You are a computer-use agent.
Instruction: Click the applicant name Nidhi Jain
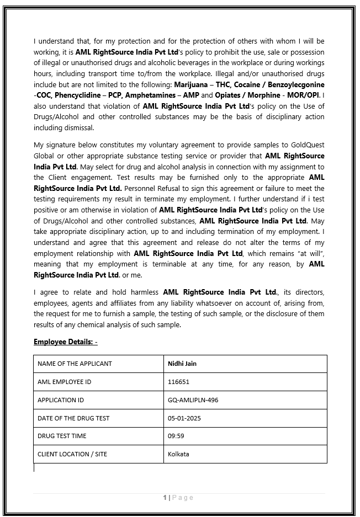[x=182, y=364]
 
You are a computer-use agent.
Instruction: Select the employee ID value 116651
[x=178, y=382]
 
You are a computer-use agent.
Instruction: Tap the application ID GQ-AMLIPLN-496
[x=193, y=400]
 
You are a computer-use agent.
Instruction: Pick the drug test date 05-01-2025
[x=184, y=418]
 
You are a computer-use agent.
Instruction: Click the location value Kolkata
[x=178, y=454]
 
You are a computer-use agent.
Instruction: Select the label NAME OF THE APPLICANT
[x=75, y=364]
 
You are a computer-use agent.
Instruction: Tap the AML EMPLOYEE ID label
[x=64, y=382]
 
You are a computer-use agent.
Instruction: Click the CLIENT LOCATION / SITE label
[x=72, y=454]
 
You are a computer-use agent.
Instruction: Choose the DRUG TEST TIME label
[x=62, y=436]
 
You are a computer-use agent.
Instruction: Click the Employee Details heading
[x=65, y=342]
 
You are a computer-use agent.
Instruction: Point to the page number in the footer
[x=178, y=498]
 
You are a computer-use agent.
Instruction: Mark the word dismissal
[x=80, y=128]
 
